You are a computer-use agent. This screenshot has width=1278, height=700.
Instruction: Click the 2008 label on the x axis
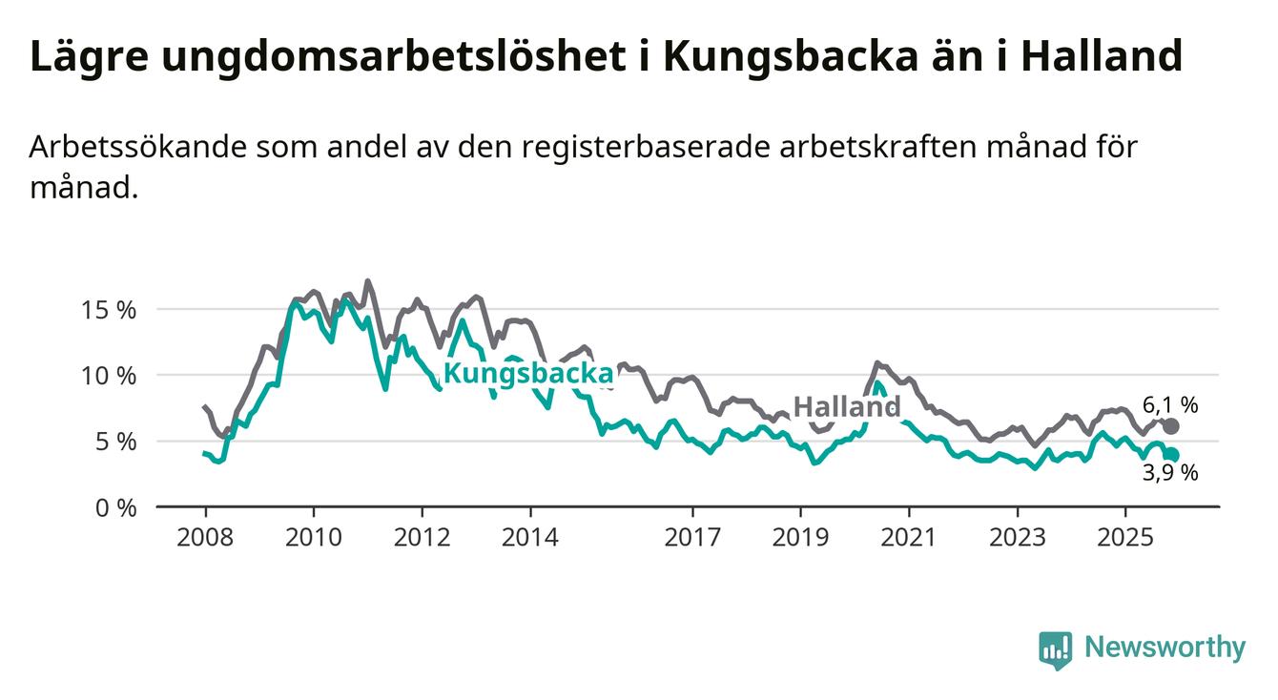205,538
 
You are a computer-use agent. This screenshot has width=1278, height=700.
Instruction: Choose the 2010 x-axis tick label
314,538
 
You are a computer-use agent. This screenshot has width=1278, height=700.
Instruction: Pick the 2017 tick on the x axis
692,538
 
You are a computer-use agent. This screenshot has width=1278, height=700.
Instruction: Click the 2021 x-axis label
909,538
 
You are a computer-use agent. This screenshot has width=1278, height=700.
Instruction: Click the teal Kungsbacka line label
528,374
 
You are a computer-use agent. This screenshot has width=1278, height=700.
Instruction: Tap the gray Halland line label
847,407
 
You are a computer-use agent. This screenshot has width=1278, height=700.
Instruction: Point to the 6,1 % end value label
1170,404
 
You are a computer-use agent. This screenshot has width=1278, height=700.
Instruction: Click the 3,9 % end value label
1170,472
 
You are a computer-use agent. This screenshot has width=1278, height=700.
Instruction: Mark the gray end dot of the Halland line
1170,426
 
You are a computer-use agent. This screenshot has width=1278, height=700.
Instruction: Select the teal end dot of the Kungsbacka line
1170,455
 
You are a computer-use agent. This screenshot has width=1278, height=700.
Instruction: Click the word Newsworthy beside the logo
1165,648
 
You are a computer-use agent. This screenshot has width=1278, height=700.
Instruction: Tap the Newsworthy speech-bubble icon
1055,649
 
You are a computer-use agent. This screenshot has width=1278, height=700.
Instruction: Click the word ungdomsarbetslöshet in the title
388,57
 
